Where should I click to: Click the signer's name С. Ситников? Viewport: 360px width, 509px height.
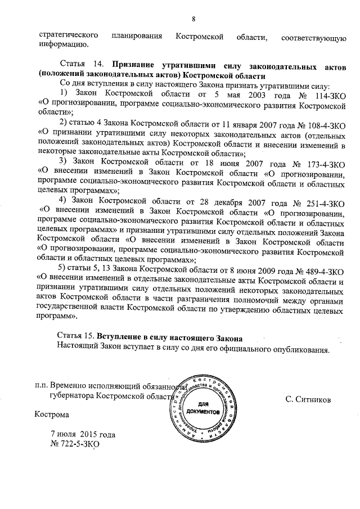click(x=308, y=399)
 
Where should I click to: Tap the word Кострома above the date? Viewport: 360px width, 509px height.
click(x=52, y=416)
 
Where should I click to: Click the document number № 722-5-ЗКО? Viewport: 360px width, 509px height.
click(x=75, y=444)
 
